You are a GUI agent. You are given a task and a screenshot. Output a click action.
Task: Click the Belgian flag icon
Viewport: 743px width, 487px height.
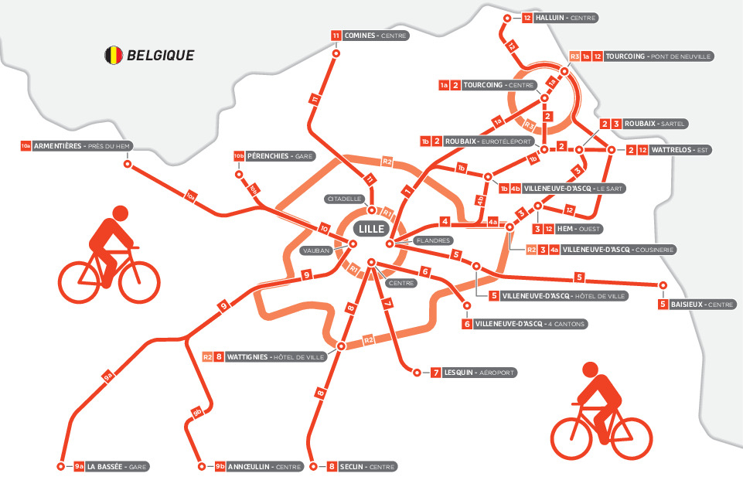114,55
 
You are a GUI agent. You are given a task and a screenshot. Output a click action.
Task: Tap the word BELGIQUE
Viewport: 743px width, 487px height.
161,56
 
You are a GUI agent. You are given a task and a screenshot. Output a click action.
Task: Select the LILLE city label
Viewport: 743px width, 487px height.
370,229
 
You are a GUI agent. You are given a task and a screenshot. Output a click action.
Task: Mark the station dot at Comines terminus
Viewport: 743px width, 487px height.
336,54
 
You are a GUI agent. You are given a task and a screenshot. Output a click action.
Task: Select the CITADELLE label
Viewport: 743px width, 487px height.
343,199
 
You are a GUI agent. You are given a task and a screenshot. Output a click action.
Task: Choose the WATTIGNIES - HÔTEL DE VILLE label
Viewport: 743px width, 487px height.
275,357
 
